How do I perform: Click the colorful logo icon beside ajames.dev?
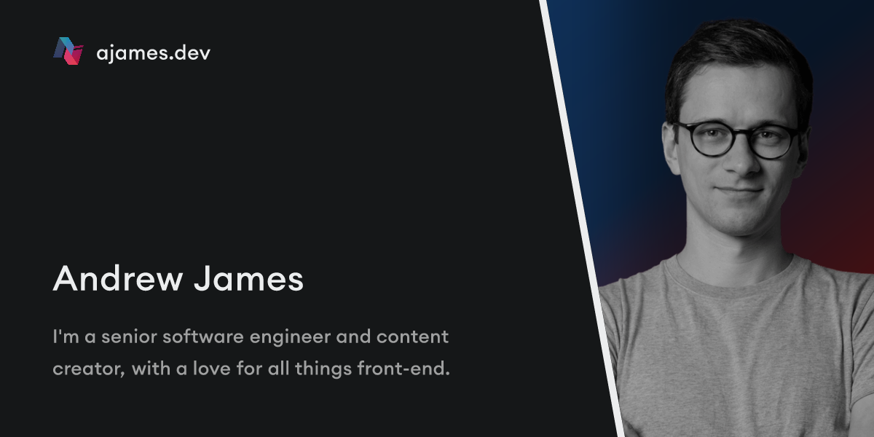coord(68,51)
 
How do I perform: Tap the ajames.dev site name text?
coord(154,53)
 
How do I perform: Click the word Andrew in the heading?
coord(118,278)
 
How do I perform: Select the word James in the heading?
coord(249,278)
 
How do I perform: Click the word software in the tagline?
coord(203,336)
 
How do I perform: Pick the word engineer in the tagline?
coord(290,338)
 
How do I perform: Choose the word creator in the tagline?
coord(89,369)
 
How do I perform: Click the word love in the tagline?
coord(211,369)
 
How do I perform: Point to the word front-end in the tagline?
coord(403,369)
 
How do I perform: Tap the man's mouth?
coord(739,191)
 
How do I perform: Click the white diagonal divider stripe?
coord(581,219)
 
